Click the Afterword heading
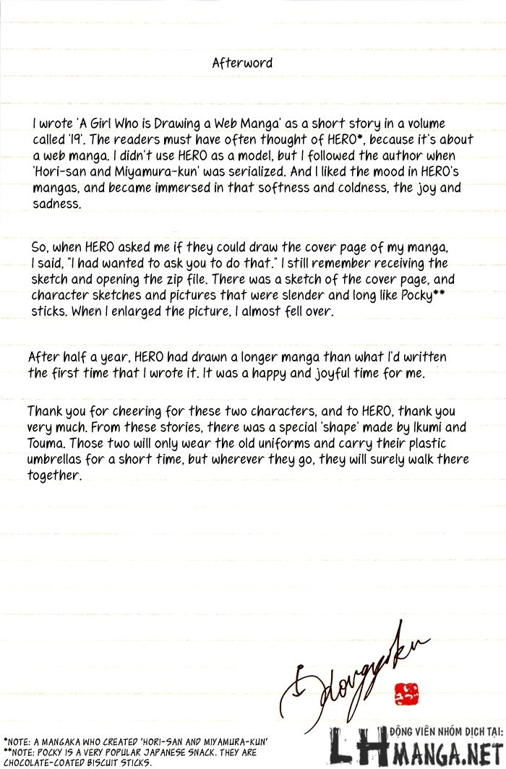(x=242, y=63)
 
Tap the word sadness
(x=57, y=205)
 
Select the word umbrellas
(x=62, y=459)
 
